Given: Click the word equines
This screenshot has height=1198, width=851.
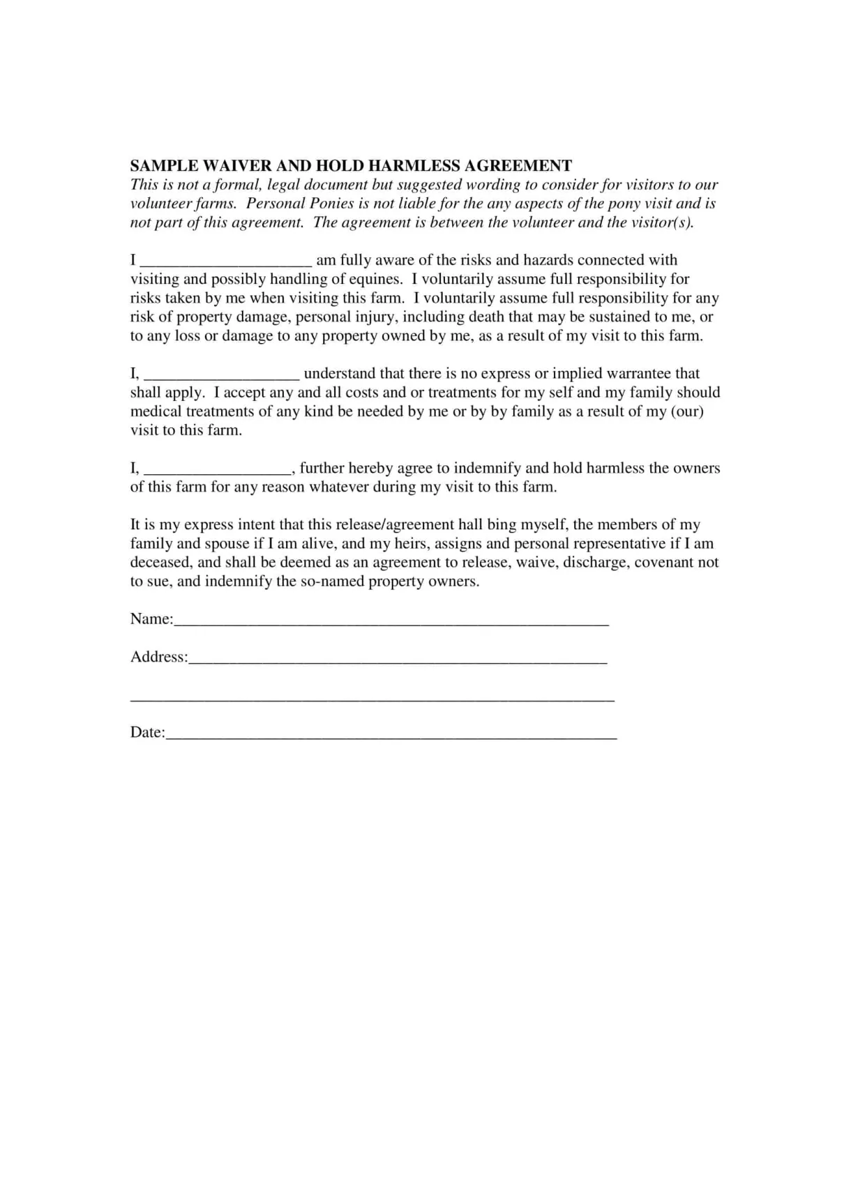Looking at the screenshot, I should [375, 279].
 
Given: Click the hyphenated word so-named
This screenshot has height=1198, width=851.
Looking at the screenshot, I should [332, 581].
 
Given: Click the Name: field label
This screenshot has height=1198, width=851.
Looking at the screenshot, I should [151, 619].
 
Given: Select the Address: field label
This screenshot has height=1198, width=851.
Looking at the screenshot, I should [158, 657].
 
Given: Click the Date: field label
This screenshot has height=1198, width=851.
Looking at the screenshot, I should [147, 732].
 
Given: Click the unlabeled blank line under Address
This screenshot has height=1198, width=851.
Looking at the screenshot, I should [372, 698].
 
